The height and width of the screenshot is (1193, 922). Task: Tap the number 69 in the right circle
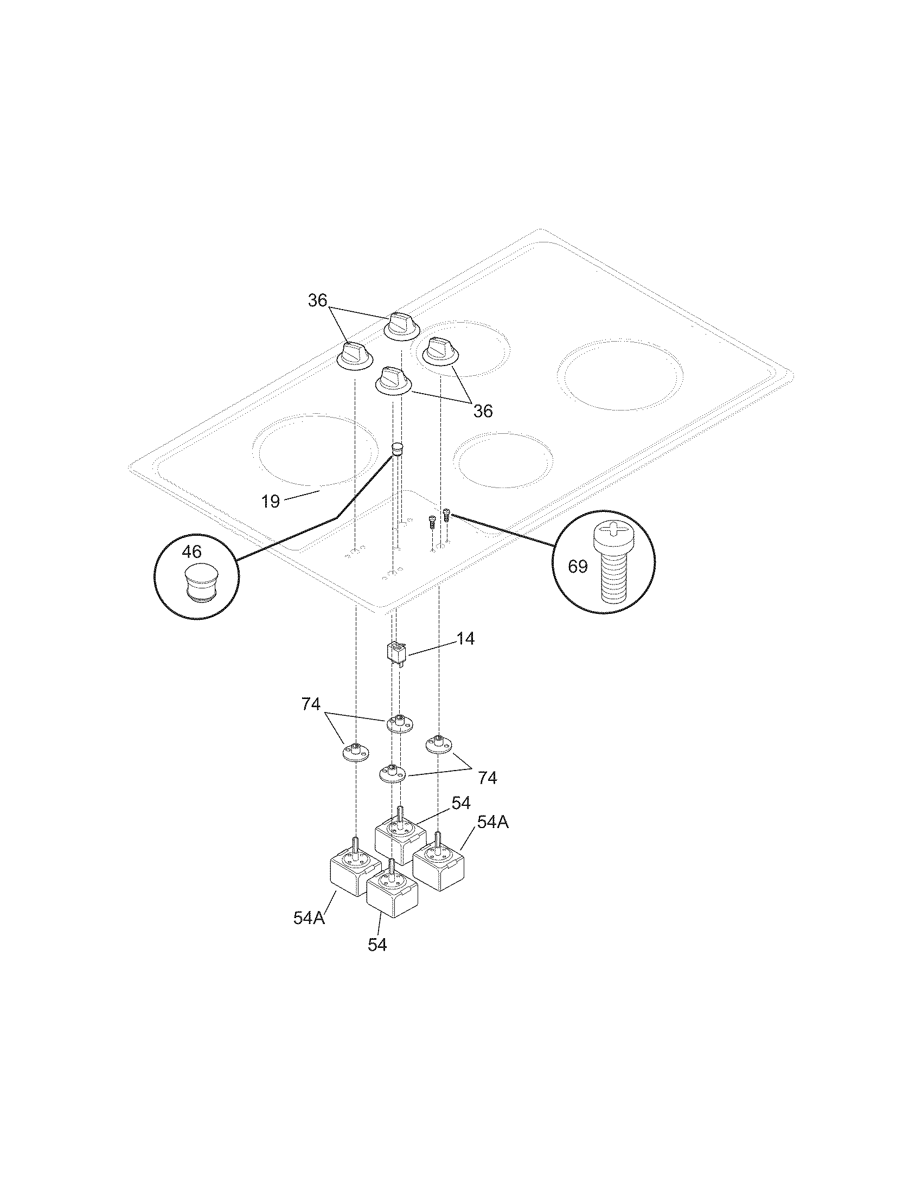[x=578, y=567]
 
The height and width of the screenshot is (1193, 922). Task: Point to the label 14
[x=465, y=638]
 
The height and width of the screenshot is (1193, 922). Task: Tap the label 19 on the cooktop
[x=271, y=501]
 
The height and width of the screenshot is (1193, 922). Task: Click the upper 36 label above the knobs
[x=317, y=300]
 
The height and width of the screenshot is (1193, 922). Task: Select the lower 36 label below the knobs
[x=483, y=411]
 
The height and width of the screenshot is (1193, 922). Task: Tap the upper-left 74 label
[x=311, y=704]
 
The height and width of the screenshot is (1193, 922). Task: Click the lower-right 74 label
[x=487, y=778]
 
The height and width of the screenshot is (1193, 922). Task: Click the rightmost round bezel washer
[x=440, y=745]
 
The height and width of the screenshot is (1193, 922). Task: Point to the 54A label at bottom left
[x=309, y=918]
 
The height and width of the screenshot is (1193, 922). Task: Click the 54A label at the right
[x=492, y=837]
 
